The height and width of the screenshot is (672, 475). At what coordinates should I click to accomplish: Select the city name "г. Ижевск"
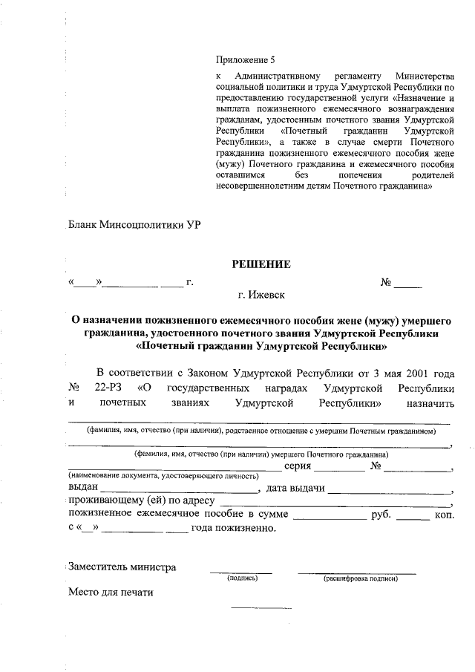tap(262, 296)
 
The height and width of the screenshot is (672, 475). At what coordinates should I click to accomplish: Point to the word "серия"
tap(300, 466)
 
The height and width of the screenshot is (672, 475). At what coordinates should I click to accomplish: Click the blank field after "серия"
tap(343, 468)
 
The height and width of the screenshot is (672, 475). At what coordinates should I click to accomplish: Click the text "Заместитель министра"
tap(122, 567)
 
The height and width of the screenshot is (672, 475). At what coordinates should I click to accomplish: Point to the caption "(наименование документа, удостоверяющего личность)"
tap(163, 475)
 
